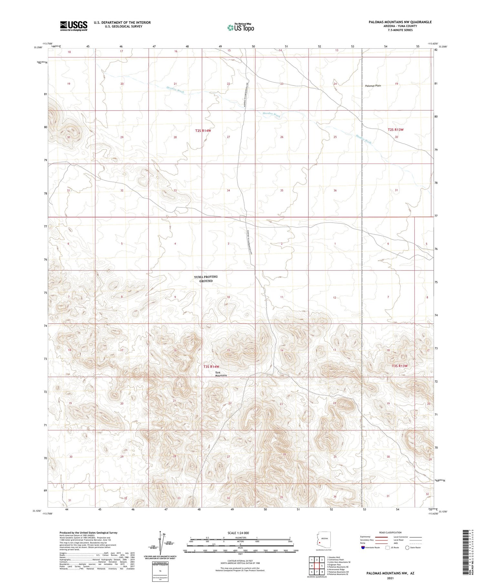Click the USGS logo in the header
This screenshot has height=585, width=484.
74,26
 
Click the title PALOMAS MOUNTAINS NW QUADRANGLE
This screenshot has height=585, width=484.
400,22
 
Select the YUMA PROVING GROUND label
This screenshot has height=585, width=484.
206,279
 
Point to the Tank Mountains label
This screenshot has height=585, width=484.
221,374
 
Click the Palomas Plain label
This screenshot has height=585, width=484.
373,86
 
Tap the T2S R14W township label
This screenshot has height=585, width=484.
203,131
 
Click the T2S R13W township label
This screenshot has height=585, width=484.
396,130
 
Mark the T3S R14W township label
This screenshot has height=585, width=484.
211,367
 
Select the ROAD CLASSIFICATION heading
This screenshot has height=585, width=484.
390,532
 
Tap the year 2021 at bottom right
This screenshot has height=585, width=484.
390,578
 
